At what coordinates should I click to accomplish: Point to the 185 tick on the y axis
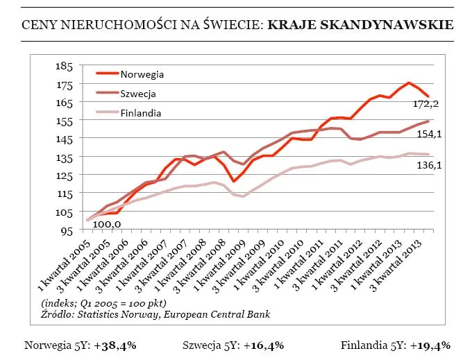click(63, 66)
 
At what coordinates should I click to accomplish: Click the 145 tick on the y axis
click(63, 139)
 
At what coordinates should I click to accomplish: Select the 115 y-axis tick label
click(63, 194)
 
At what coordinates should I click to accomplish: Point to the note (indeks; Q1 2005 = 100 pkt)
click(105, 304)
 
